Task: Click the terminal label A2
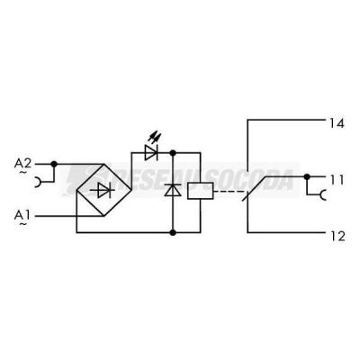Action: pos(22,164)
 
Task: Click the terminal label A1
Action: pos(22,215)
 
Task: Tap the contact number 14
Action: pos(337,123)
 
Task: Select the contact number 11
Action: pos(337,180)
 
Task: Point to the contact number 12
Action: pos(337,237)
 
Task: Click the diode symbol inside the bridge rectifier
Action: pos(104,190)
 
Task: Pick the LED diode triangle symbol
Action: pos(151,153)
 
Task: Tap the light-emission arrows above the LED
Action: pos(155,137)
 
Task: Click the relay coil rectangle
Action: pos(201,191)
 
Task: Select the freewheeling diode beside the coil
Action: pos(173,190)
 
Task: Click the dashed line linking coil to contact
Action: pos(229,191)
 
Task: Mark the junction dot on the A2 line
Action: pos(54,164)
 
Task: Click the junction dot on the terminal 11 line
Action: pos(307,176)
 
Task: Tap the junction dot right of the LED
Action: pos(173,153)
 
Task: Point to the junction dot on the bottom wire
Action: pos(173,232)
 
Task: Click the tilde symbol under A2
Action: pos(22,173)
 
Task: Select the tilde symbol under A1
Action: pos(22,224)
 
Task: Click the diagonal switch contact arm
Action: pos(255,188)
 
